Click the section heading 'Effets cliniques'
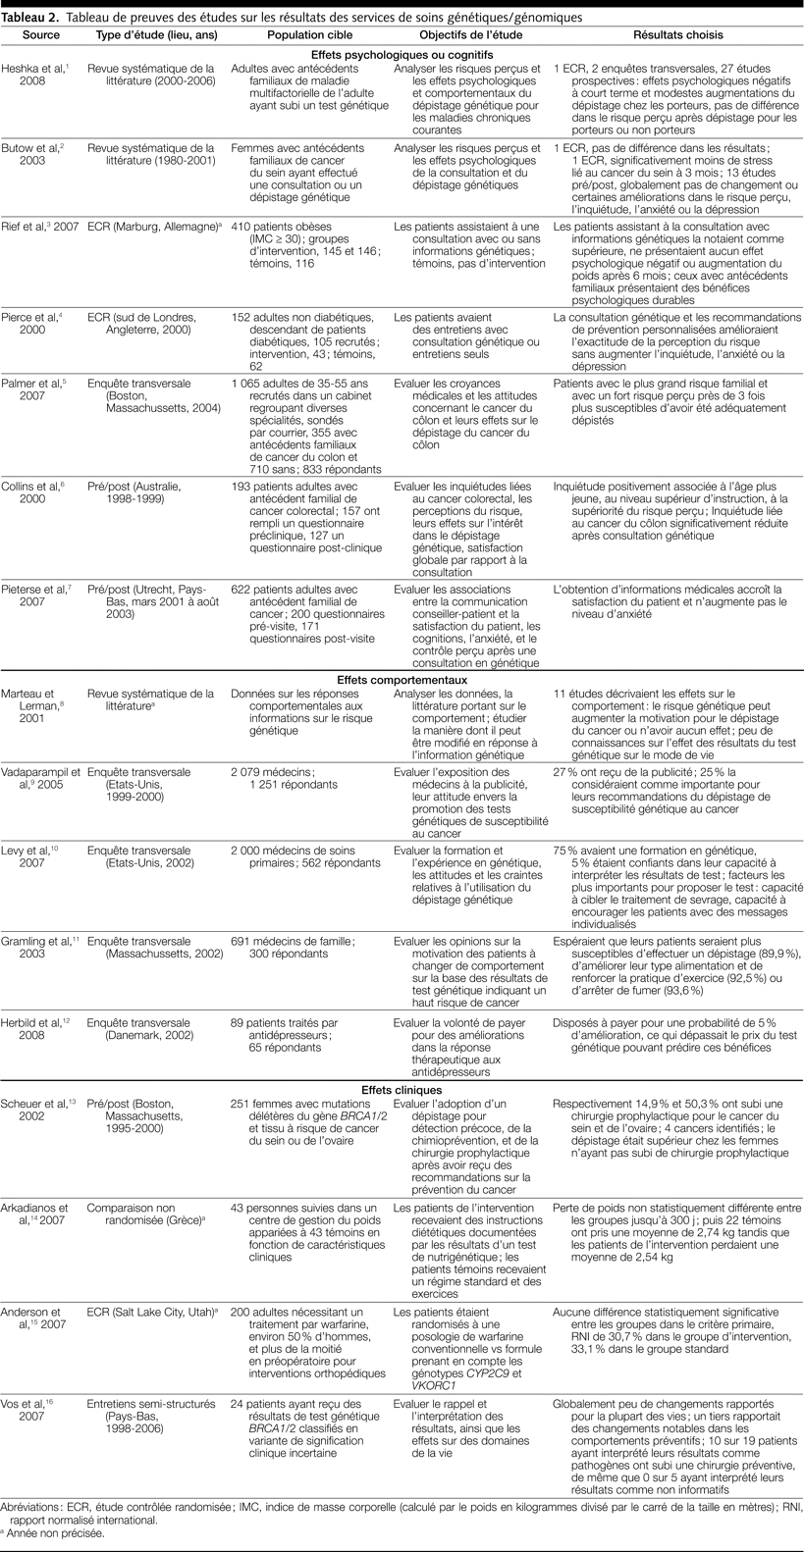401,1089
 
